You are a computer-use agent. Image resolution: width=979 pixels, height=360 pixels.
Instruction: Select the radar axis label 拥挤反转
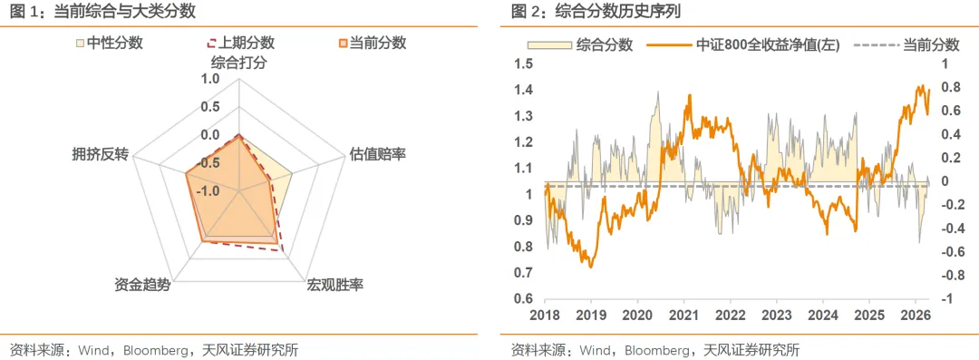[100, 154]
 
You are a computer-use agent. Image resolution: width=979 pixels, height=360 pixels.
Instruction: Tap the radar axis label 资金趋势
[142, 286]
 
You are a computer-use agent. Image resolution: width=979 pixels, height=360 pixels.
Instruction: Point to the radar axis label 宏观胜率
[335, 286]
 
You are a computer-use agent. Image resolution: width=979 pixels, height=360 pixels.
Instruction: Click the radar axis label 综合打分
[238, 63]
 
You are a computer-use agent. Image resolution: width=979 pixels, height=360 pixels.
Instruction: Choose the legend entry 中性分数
[114, 43]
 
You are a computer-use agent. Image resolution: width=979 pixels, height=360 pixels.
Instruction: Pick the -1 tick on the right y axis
[945, 299]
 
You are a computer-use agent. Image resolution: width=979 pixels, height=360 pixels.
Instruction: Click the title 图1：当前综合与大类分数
[102, 12]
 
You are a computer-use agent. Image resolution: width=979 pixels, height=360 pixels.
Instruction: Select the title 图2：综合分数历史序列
[596, 12]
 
